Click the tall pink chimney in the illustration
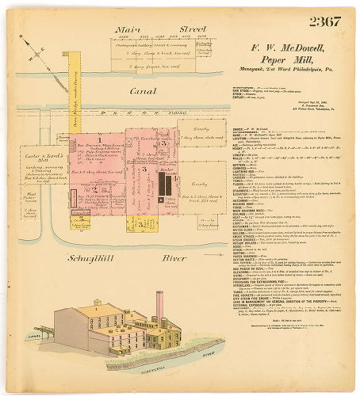click(158, 304)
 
